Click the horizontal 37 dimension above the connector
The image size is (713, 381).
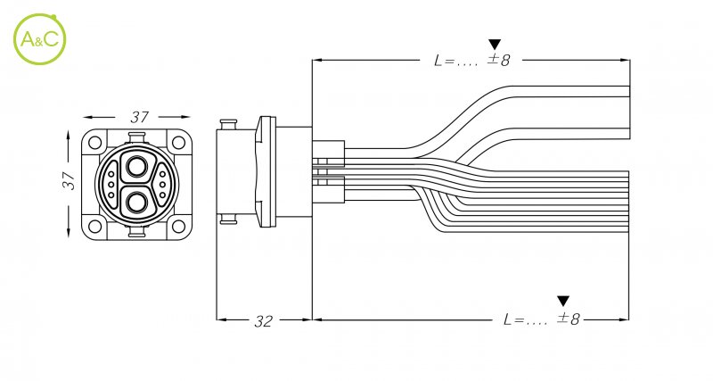(x=138, y=116)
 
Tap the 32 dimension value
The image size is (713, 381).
(x=263, y=321)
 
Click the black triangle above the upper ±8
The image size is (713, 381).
(x=496, y=44)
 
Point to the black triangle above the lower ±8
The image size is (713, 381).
(x=563, y=301)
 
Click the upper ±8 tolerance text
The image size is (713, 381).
(x=498, y=60)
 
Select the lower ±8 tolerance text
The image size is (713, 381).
(x=568, y=319)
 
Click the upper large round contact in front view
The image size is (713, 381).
(x=137, y=167)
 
